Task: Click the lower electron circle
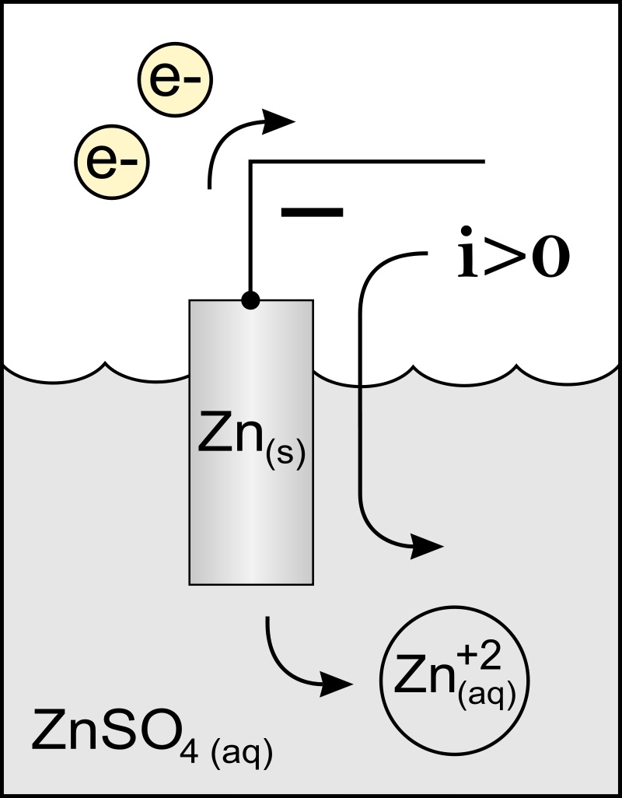[x=111, y=162]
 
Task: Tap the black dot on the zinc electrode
[x=250, y=300]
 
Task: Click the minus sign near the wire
[x=311, y=212]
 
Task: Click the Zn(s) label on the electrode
[x=250, y=443]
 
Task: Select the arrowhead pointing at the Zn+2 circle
[x=336, y=684]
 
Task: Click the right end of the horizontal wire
[x=484, y=162]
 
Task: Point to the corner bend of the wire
[x=250, y=163]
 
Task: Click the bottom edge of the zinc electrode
[x=250, y=583]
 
